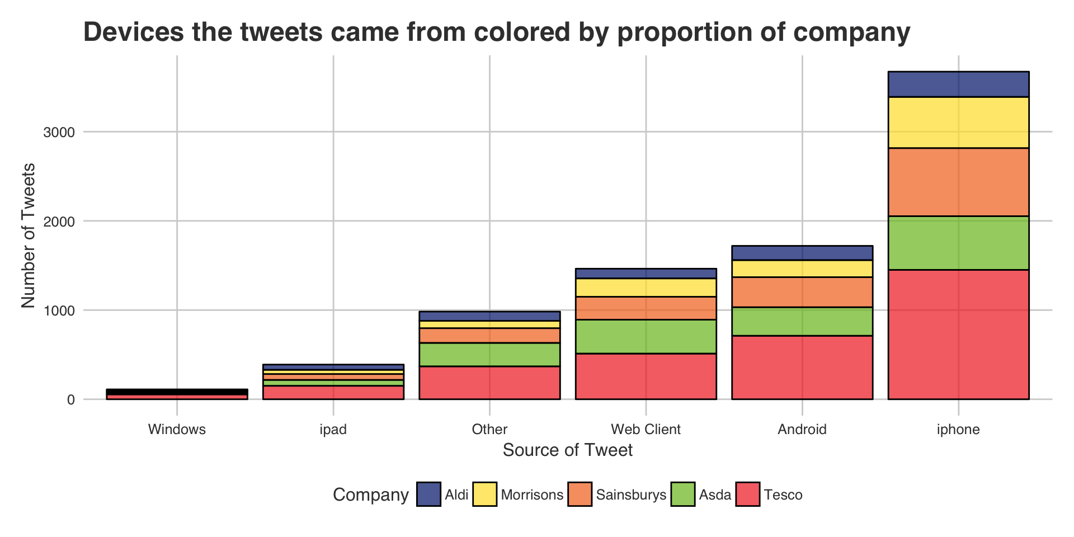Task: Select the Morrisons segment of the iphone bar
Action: [959, 123]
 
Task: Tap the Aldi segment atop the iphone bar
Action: [959, 84]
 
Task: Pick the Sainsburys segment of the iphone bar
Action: [959, 182]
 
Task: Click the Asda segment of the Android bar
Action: [802, 321]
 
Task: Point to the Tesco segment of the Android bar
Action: [802, 367]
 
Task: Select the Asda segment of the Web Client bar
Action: [646, 336]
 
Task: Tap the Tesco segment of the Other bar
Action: [489, 383]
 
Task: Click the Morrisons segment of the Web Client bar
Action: [646, 288]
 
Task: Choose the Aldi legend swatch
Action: [428, 494]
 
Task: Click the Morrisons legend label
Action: [532, 495]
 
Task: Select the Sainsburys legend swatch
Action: [580, 494]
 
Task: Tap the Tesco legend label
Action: [783, 495]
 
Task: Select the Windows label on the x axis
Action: [177, 430]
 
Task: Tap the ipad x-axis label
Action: [333, 430]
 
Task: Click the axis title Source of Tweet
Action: [568, 450]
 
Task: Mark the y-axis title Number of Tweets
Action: [28, 235]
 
